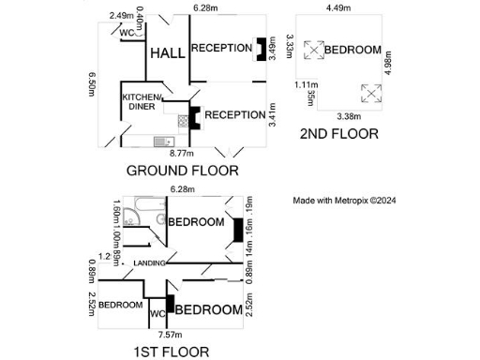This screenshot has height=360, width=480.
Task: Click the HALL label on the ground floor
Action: (168, 53)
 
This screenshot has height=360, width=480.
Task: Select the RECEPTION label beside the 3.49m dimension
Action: (221, 48)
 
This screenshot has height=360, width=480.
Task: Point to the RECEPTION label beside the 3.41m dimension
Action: (234, 114)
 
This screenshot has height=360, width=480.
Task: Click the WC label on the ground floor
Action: (127, 34)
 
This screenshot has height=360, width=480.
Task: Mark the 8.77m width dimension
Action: (181, 153)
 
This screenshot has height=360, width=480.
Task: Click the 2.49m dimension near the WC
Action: (121, 15)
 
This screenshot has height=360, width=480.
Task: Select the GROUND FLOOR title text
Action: (182, 171)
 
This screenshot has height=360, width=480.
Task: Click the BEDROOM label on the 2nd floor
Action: (352, 50)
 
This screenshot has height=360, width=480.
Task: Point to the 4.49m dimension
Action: (337, 7)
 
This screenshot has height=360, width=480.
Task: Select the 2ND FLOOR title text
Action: (338, 134)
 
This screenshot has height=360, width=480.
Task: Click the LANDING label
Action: (149, 262)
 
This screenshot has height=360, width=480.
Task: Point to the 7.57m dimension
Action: (170, 334)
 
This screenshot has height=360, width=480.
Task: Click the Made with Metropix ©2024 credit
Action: (345, 200)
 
